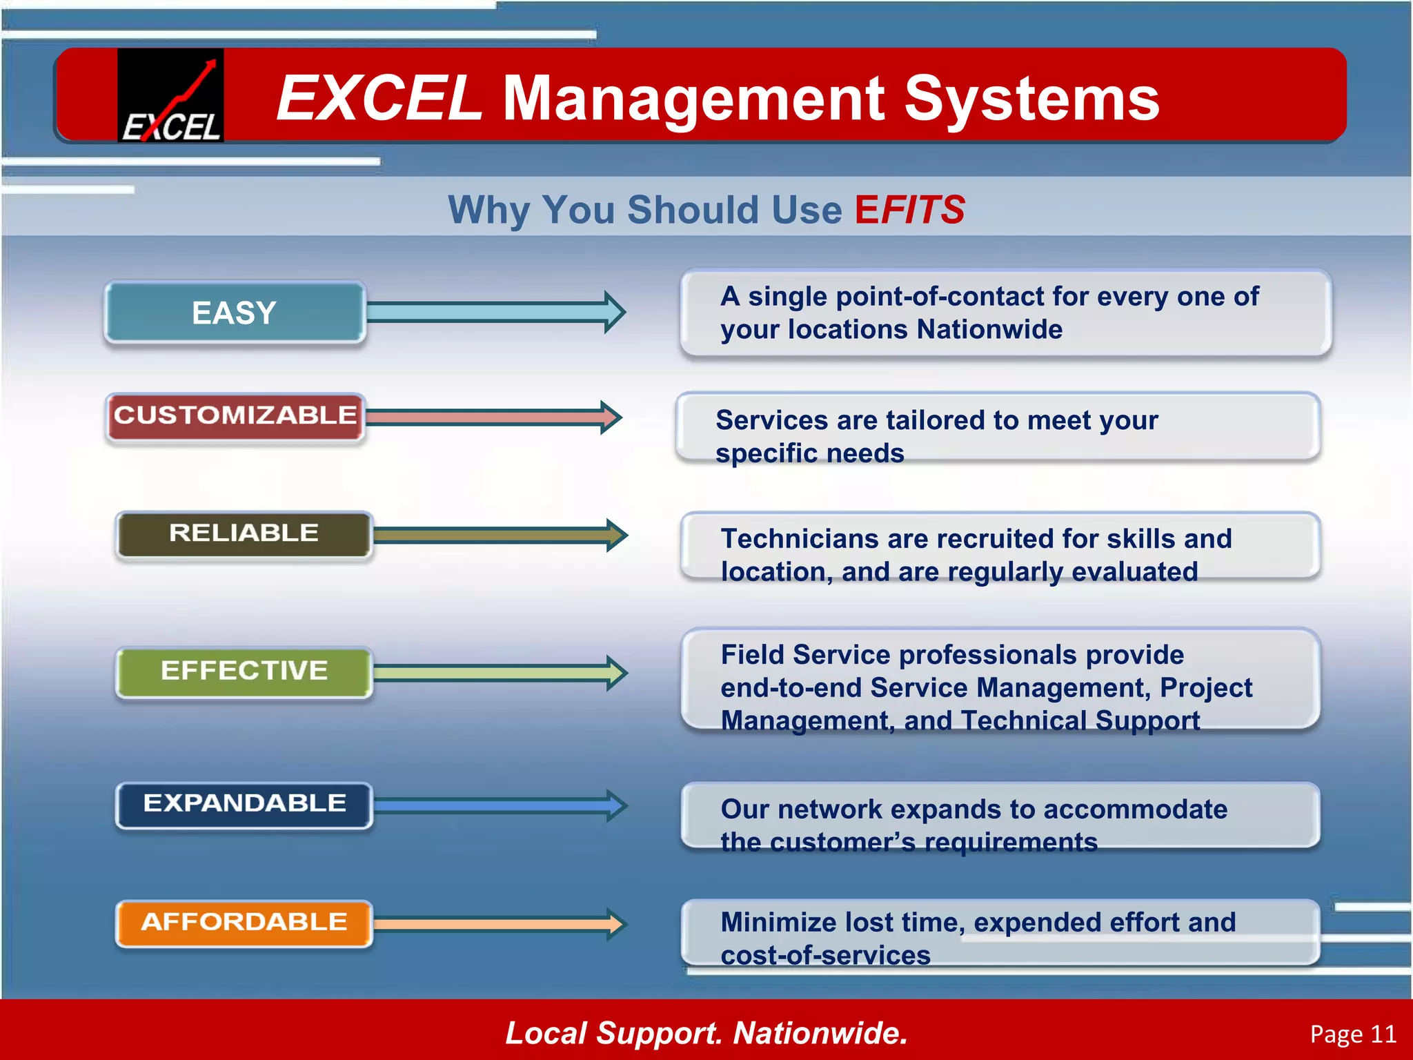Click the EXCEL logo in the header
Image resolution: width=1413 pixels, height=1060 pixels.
tap(170, 95)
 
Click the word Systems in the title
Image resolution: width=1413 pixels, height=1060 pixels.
tap(1031, 99)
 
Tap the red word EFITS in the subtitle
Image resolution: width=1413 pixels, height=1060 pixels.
tap(909, 210)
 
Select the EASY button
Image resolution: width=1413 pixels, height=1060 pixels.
tap(235, 313)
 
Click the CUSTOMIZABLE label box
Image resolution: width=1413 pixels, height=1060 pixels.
tap(235, 415)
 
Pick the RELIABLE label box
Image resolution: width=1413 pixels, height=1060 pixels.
tap(244, 533)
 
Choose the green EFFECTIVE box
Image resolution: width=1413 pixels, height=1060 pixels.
tap(244, 671)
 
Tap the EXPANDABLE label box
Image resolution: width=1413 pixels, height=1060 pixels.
tap(244, 803)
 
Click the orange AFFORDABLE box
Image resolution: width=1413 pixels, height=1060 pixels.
tap(244, 922)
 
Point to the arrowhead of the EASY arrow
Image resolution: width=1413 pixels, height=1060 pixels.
tap(614, 312)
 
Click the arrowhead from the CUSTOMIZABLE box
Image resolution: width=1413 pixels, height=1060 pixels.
tap(611, 417)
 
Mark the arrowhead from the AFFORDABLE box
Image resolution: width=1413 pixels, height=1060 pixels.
tap(615, 924)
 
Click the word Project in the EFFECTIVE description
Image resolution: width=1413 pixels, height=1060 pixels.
tap(1205, 688)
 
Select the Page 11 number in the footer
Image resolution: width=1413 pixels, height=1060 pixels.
tap(1352, 1034)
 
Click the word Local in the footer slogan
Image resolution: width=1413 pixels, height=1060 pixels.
tap(546, 1033)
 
